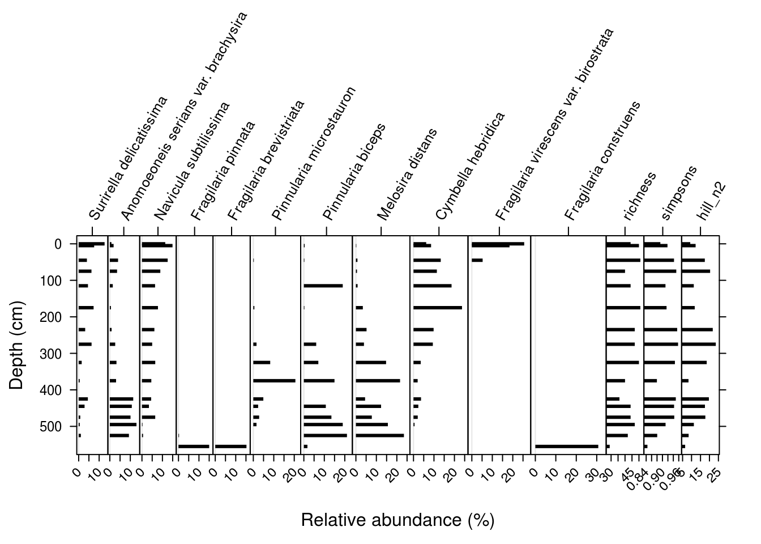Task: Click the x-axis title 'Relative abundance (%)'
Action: click(397, 520)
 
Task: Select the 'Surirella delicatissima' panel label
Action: click(129, 159)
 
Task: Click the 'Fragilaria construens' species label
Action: click(602, 161)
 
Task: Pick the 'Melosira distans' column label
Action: click(407, 174)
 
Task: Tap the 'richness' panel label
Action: click(639, 195)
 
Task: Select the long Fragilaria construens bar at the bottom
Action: click(566, 447)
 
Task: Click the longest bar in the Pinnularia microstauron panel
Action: click(274, 381)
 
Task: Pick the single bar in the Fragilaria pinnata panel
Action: click(194, 447)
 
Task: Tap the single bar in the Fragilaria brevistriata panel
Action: click(230, 447)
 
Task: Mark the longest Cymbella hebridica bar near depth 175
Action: click(438, 308)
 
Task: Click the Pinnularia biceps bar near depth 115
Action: click(323, 286)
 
